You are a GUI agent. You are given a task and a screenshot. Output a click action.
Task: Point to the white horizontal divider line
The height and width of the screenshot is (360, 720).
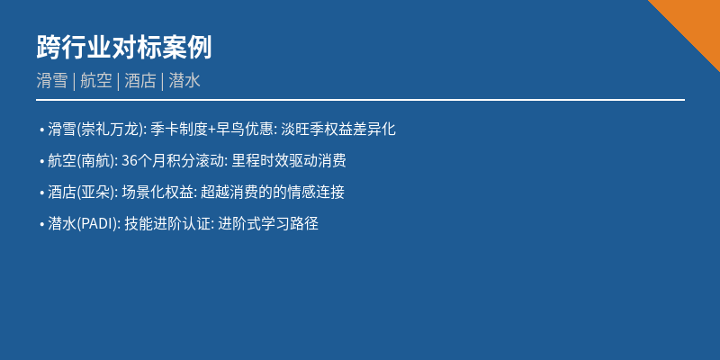coord(360,100)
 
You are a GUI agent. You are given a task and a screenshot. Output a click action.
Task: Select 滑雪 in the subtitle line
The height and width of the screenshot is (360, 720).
coord(52,80)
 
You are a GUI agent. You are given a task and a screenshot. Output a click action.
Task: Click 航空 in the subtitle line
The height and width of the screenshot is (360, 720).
coord(95,80)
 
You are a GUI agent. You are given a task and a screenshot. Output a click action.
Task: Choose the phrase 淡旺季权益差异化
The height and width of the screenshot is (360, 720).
coord(338,129)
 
